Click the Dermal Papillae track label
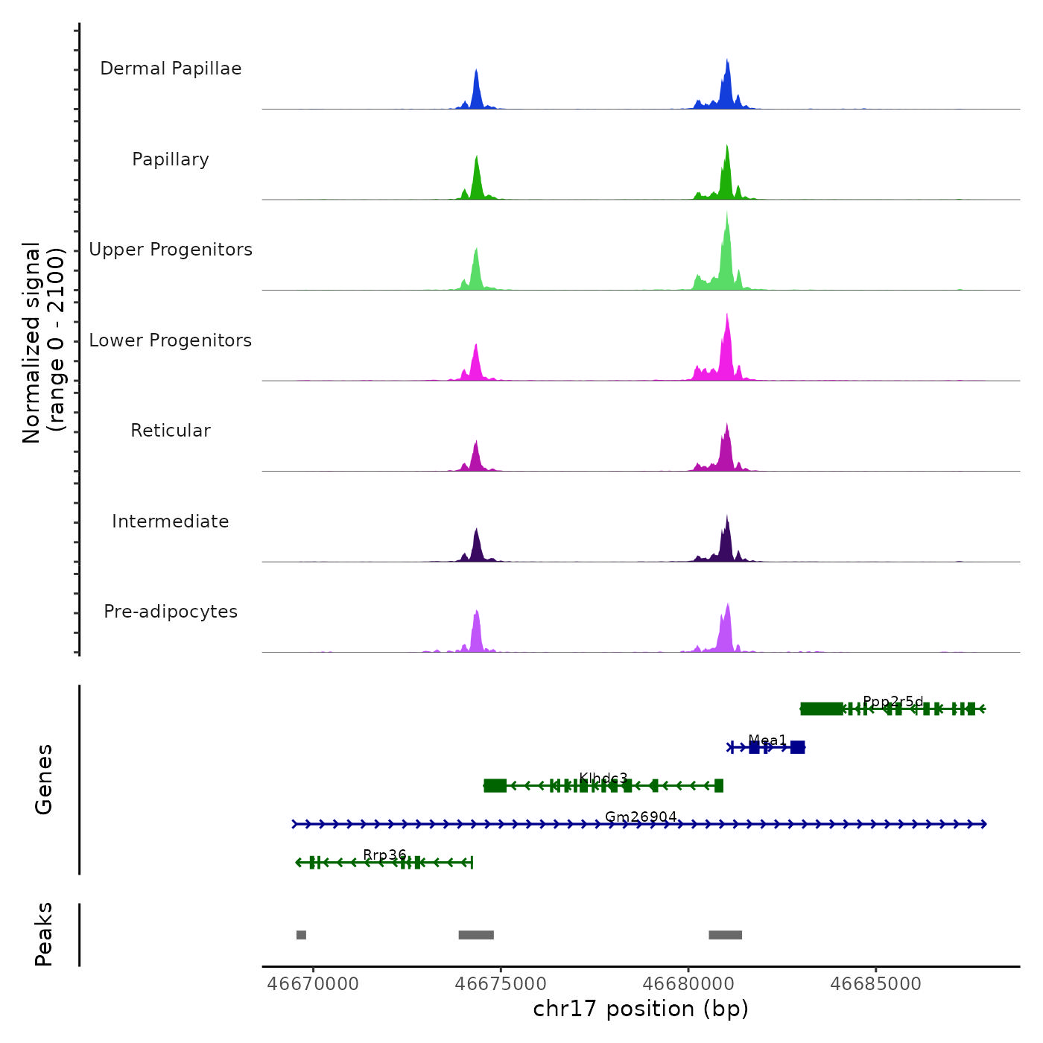tap(171, 69)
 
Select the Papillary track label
tap(171, 159)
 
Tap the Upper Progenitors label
tap(171, 250)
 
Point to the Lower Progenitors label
tap(171, 340)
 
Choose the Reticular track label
tap(171, 431)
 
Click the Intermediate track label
tap(171, 521)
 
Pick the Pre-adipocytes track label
tap(171, 612)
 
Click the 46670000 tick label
tap(313, 984)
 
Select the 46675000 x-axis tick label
tap(501, 984)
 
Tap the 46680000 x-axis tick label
tap(688, 984)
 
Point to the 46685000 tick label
tap(875, 984)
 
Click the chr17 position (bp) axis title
tap(641, 1009)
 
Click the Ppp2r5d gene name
tap(893, 702)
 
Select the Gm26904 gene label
tap(641, 817)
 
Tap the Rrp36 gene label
tap(384, 855)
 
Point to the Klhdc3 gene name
tap(603, 779)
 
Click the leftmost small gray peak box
tap(301, 935)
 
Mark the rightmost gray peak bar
tap(725, 935)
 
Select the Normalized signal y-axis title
tap(43, 343)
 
